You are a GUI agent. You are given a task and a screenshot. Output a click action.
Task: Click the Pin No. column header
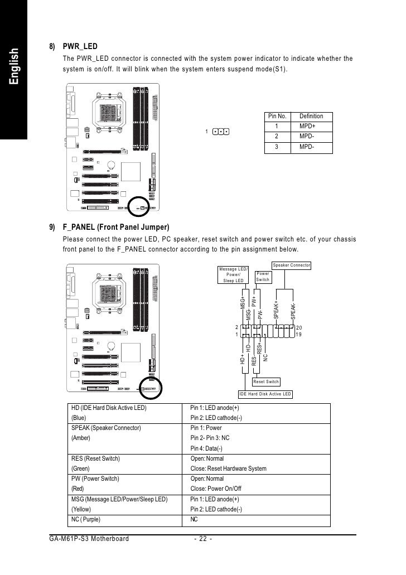coord(277,116)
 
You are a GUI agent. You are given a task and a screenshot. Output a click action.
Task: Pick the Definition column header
coord(311,116)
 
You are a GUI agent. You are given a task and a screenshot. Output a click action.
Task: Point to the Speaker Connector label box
coord(291,265)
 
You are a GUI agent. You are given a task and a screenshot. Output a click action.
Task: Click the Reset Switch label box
coord(265,382)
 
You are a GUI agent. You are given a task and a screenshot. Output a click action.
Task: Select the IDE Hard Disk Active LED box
coord(265,394)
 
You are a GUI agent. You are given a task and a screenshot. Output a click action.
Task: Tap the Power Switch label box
coord(263,277)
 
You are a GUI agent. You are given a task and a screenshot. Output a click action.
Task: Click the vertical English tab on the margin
coord(14,67)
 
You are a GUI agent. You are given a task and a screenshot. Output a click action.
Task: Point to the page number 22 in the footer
coord(202,539)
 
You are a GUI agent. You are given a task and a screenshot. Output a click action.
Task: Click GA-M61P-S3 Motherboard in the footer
coord(89,539)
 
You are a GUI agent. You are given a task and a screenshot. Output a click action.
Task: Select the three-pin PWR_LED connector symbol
coord(221,132)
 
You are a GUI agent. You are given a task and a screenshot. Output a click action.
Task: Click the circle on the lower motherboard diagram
coord(150,388)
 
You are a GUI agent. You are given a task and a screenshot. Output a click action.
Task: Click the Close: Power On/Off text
coord(216,489)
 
